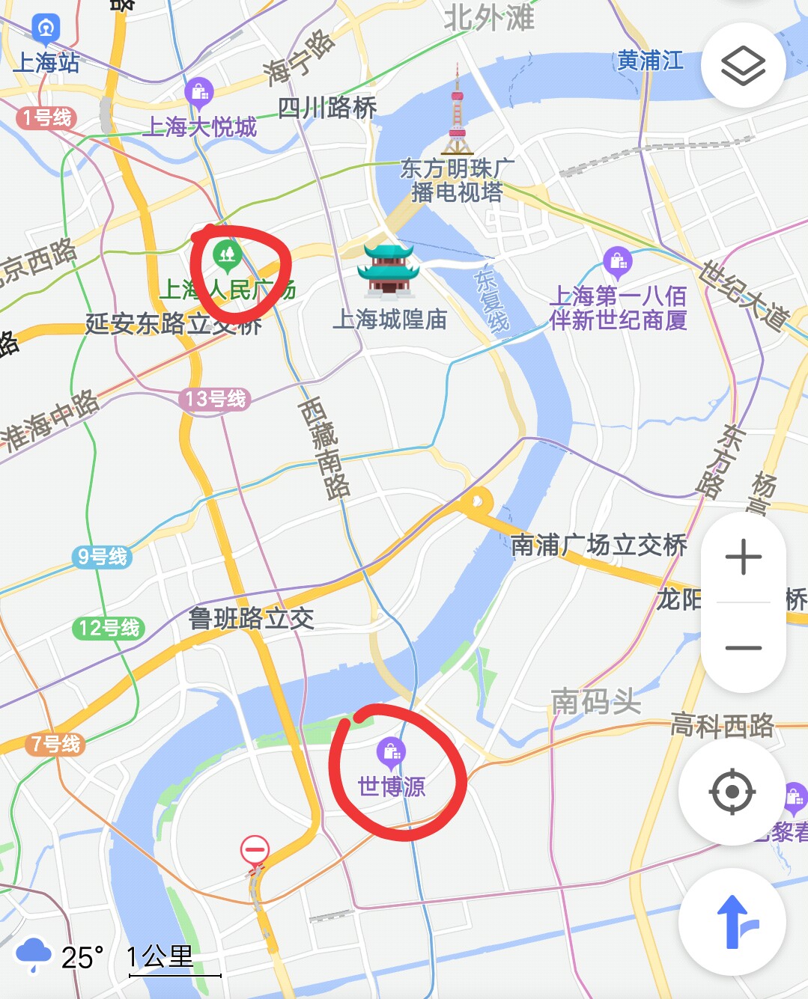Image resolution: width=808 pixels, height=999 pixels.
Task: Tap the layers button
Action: [743, 65]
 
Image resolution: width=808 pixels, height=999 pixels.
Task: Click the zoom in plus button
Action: [743, 557]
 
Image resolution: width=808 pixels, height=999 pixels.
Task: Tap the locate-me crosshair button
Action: [732, 791]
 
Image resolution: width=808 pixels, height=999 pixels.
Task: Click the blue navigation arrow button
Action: [733, 922]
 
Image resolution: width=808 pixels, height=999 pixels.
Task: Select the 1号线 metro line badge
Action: [46, 117]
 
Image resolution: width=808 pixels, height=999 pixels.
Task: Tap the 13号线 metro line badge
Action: [215, 399]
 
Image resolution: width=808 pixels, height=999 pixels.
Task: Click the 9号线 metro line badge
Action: [103, 557]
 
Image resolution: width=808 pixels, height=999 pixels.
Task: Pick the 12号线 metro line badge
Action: [109, 628]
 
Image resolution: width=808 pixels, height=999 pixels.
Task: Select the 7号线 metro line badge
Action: [55, 744]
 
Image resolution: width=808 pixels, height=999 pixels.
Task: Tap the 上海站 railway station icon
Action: [46, 29]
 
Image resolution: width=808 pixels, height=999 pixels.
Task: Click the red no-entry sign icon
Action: [255, 851]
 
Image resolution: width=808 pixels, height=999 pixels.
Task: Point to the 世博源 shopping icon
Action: [391, 751]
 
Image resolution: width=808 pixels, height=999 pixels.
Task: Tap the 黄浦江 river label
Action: [650, 61]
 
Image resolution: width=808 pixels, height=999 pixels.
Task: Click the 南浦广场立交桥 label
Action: [598, 545]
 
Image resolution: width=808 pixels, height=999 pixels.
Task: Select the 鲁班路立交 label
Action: [251, 618]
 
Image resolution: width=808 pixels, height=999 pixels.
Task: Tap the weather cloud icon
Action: [33, 954]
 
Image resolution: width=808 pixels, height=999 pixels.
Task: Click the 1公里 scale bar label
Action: [160, 956]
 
